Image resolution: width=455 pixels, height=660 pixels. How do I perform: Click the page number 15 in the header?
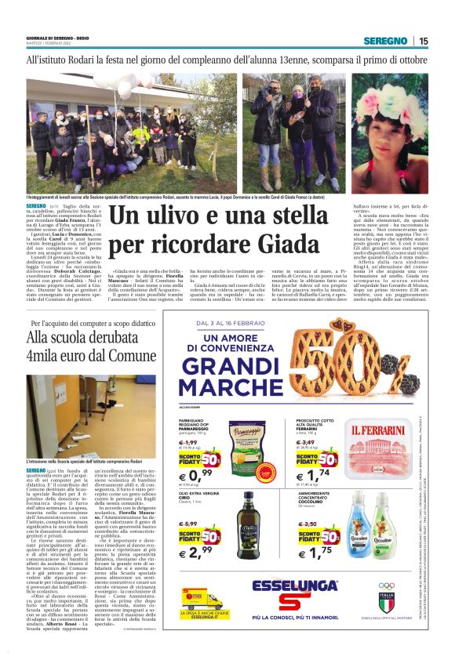click(x=424, y=41)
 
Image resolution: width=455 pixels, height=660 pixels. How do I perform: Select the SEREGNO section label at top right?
click(x=390, y=41)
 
